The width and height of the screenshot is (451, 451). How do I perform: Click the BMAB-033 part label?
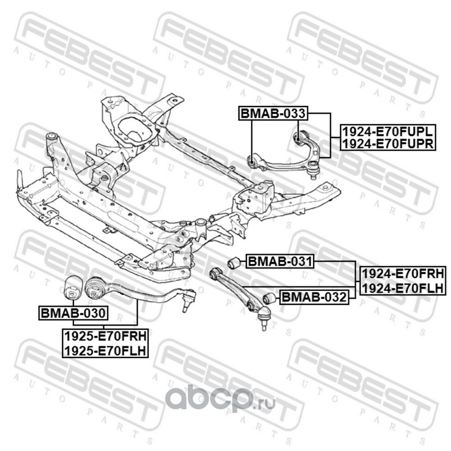pyautogui.click(x=273, y=113)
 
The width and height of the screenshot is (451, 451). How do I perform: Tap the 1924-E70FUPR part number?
pyautogui.click(x=387, y=144)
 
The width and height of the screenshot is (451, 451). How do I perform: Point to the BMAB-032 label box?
pyautogui.click(x=313, y=297)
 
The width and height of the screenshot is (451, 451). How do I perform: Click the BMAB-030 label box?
pyautogui.click(x=73, y=312)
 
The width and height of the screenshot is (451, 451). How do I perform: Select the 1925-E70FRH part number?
pyautogui.click(x=105, y=337)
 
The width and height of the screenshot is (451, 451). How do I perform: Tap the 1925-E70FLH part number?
pyautogui.click(x=105, y=350)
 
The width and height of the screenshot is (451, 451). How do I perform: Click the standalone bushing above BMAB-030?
pyautogui.click(x=73, y=286)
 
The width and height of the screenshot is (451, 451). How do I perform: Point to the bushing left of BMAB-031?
pyautogui.click(x=234, y=262)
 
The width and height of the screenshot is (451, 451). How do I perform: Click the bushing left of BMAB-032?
pyautogui.click(x=269, y=298)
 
